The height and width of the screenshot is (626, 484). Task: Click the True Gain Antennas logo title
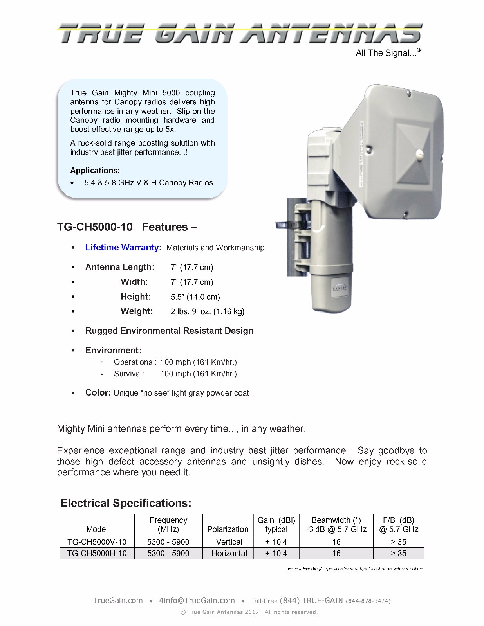240,34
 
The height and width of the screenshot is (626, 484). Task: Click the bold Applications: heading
95,171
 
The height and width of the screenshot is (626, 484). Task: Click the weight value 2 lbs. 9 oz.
207,311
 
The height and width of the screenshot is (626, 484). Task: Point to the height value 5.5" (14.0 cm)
195,297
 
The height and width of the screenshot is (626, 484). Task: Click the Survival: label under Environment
129,374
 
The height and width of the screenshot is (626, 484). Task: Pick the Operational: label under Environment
135,362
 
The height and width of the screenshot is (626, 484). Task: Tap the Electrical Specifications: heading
126,503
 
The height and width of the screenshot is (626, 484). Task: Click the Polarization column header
228,529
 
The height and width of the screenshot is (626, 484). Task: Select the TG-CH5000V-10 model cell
97,542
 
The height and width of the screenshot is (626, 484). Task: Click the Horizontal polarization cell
229,554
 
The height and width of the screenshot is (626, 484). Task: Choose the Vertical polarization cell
229,542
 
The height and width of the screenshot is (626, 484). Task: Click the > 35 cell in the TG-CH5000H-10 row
398,554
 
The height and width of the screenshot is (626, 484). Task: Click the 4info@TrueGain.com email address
197,601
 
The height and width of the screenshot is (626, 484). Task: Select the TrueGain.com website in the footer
118,601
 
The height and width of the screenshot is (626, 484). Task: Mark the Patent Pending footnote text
355,568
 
